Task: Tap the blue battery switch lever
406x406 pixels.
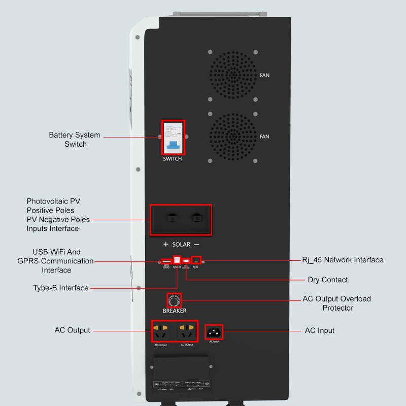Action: (x=173, y=146)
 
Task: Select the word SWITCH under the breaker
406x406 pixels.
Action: (x=173, y=159)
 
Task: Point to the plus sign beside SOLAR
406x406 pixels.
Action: (x=165, y=245)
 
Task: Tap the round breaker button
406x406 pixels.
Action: (x=174, y=299)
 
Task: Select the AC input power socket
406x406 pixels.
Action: (x=214, y=332)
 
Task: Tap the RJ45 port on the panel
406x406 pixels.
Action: (x=196, y=260)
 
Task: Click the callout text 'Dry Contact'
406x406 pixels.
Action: (x=328, y=280)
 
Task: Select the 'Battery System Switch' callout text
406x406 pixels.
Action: (x=75, y=140)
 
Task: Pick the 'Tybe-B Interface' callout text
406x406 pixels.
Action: (x=61, y=288)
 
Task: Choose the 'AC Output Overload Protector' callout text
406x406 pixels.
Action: (x=337, y=303)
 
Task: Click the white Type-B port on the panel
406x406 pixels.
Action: (x=177, y=260)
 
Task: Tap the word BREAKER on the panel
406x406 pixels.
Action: (x=175, y=311)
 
